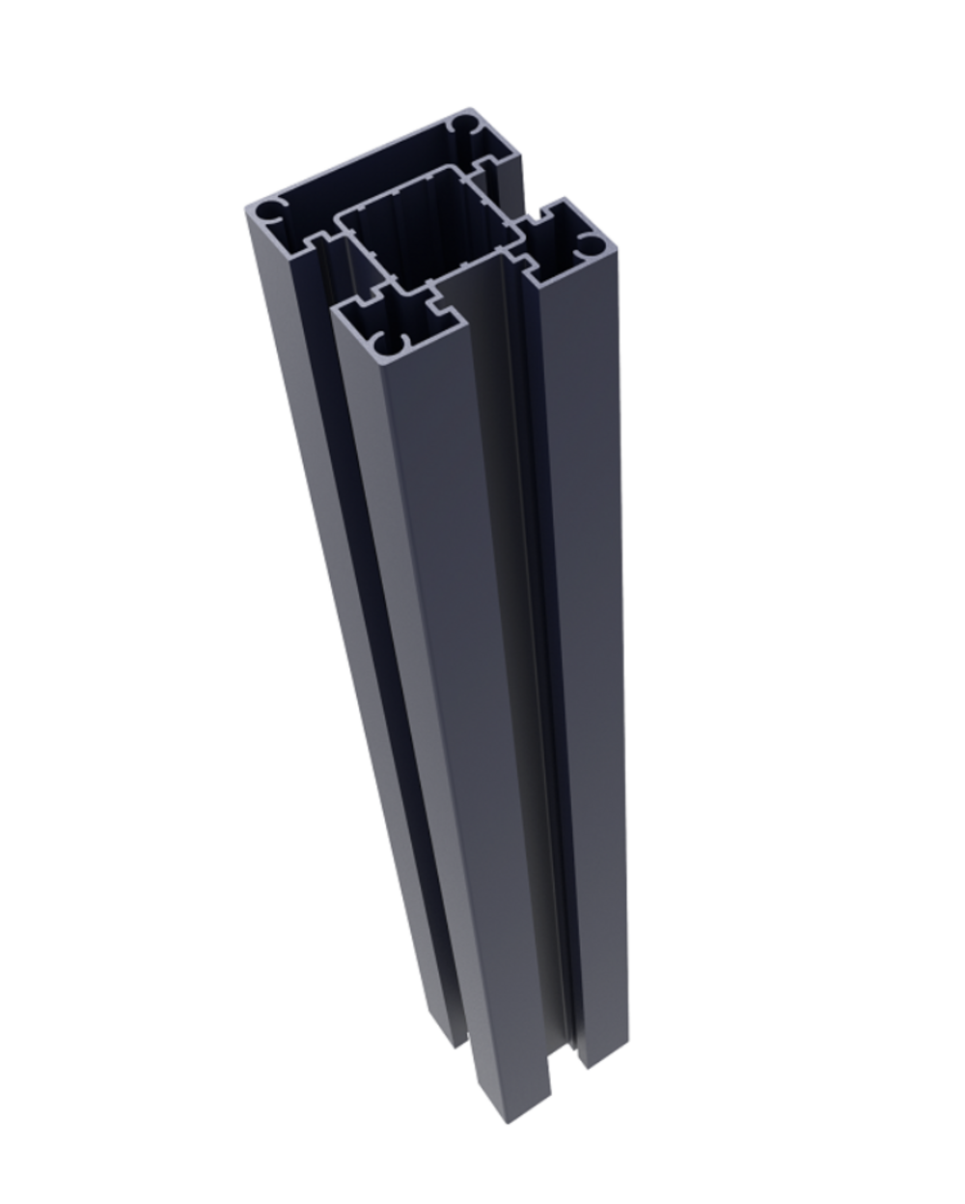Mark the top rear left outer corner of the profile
point(247,209)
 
